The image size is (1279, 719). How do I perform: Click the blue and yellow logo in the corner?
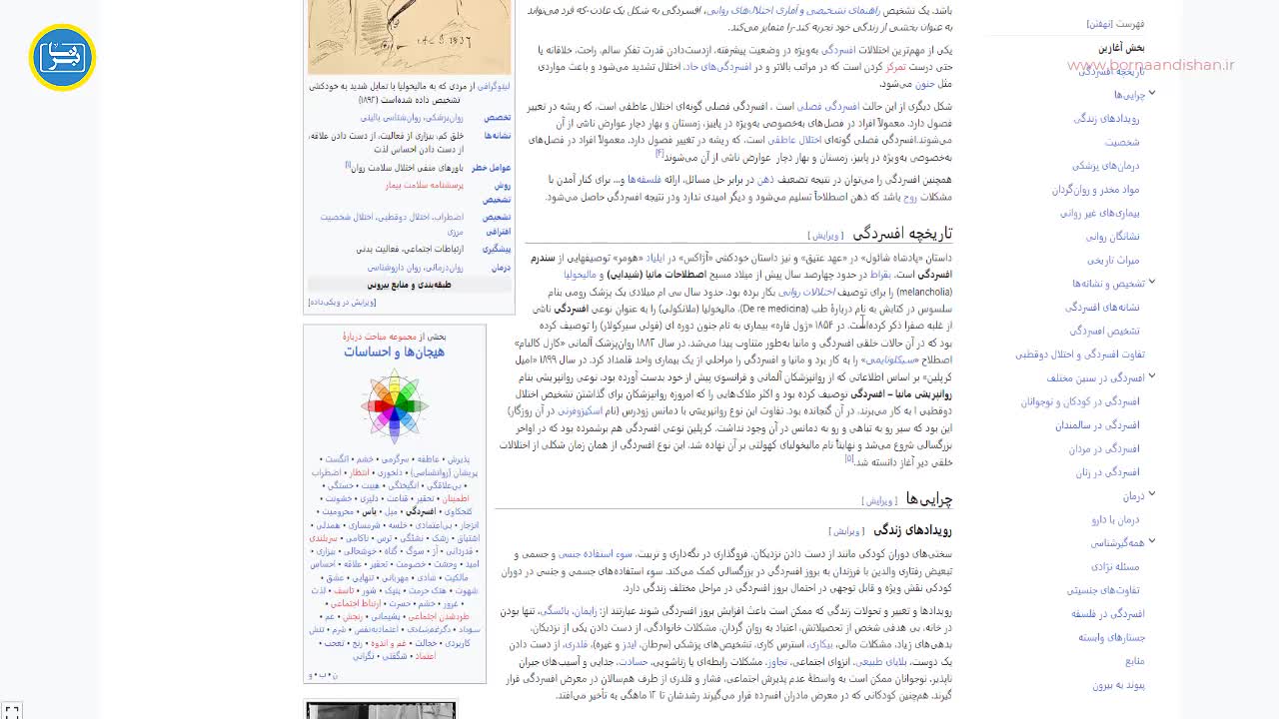(x=62, y=58)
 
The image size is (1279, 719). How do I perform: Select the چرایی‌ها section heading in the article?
(x=929, y=499)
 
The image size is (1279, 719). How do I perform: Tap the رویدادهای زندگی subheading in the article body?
(x=912, y=530)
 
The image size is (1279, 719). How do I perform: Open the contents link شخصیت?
(x=1122, y=142)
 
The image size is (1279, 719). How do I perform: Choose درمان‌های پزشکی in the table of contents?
(x=1106, y=166)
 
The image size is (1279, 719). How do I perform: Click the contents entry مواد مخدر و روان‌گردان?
(x=1095, y=190)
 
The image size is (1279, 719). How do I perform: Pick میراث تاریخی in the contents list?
(x=1114, y=260)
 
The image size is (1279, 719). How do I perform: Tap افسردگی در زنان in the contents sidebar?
(x=1107, y=472)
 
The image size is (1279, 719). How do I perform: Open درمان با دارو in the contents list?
(x=1115, y=519)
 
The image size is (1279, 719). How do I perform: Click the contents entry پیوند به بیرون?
(x=1118, y=685)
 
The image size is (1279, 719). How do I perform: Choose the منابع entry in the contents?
(x=1134, y=661)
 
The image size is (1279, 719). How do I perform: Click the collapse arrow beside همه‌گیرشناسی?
(x=1152, y=542)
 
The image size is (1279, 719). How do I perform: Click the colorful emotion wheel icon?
(x=395, y=405)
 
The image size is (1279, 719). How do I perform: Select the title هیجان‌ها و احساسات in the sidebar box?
(x=394, y=352)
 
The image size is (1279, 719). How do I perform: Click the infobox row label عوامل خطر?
(x=492, y=168)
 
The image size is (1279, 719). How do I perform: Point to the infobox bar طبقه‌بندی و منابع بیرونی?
(x=410, y=285)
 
